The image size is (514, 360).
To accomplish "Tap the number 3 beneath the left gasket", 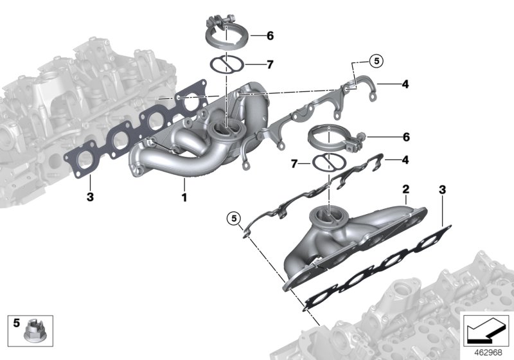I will [x=90, y=197].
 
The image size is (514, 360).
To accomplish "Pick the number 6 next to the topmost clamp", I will [x=270, y=36].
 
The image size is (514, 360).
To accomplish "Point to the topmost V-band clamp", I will [x=223, y=31].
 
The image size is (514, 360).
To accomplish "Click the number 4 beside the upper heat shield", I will [x=405, y=84].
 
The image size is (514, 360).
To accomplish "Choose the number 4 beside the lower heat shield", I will [x=405, y=159].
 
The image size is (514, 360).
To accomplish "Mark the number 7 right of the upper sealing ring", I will [x=270, y=64].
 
